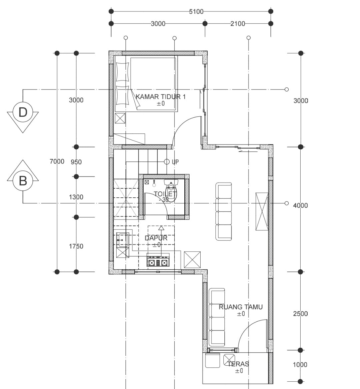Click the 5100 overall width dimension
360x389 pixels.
[196, 11]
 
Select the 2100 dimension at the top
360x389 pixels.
[238, 24]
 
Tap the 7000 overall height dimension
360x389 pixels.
[57, 162]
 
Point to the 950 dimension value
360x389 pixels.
[76, 162]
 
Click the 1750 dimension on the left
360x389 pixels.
[76, 246]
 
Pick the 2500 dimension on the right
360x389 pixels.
[300, 314]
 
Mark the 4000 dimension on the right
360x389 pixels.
[300, 205]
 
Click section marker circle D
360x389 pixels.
[23, 112]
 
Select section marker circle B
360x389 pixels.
[23, 180]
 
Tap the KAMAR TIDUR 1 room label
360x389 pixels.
[161, 97]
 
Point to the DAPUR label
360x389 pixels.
[156, 238]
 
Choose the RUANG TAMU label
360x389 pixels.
[241, 307]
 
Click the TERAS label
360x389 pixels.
[238, 364]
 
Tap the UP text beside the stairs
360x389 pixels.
[175, 162]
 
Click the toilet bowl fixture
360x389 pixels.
[171, 191]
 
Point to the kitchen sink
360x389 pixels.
[123, 240]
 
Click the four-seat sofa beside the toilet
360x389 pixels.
[224, 211]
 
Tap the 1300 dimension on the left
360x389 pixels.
[76, 197]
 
